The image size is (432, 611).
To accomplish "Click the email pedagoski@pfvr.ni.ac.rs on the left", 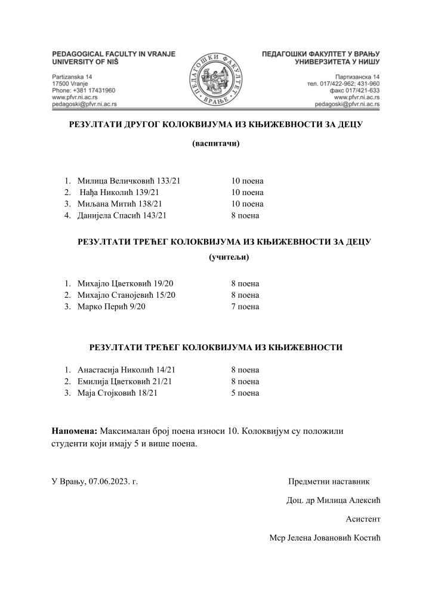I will pos(84,103).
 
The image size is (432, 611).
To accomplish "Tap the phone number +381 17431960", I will pos(84,90).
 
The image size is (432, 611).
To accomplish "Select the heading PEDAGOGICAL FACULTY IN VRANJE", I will pos(114,54).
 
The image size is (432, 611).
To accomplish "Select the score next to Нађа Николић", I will pos(247,192).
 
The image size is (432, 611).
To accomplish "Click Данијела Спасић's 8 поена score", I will pos(245,215).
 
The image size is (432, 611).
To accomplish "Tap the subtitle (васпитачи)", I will pos(215,143).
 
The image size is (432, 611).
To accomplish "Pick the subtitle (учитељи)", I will pos(229,258).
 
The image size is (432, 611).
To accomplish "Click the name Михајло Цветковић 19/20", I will pos(125,283).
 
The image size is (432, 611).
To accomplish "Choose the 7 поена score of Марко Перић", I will pos(245,307).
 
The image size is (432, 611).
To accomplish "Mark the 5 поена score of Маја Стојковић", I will pos(245,393).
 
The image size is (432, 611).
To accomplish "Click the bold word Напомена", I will pos(75,430).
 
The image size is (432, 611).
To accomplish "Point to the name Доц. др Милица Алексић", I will pos(334,499).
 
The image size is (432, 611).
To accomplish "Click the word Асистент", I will pos(363,519).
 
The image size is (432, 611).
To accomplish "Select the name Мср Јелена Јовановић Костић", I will pos(325,538).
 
